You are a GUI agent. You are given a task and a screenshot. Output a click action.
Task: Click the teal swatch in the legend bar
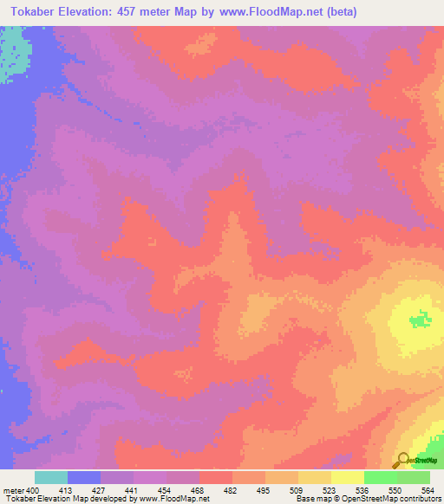[x=50, y=477]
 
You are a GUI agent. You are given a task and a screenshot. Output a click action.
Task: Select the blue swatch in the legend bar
[x=83, y=477]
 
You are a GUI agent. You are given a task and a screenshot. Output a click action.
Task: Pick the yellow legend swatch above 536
[x=347, y=477]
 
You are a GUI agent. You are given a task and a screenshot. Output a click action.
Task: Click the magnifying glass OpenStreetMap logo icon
[x=402, y=461]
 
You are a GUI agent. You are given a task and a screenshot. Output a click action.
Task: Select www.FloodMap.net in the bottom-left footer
[x=173, y=499]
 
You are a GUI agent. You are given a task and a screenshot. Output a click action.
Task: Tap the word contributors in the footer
[x=415, y=499]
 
